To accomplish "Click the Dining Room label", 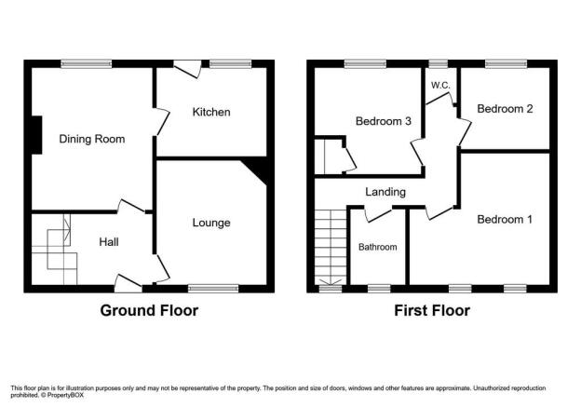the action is tap(92, 139).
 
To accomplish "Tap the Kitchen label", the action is tap(211, 112).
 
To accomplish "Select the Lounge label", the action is tap(211, 223).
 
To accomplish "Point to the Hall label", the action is tap(109, 242).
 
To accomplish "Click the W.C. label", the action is tap(440, 86).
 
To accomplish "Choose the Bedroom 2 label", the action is tap(505, 109).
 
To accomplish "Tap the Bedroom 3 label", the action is tap(384, 121).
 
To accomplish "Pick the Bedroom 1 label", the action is tap(505, 220).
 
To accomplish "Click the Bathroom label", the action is tap(378, 247).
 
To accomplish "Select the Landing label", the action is tap(385, 192).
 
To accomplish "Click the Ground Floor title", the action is tap(149, 311).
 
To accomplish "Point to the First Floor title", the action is tap(432, 311).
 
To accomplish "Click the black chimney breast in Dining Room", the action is tap(36, 135).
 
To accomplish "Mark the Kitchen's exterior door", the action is tap(187, 69).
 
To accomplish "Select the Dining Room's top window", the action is tap(87, 63).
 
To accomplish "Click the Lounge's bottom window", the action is tap(213, 289).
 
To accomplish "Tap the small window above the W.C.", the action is tap(439, 63).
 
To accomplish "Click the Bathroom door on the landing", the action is tap(378, 213).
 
